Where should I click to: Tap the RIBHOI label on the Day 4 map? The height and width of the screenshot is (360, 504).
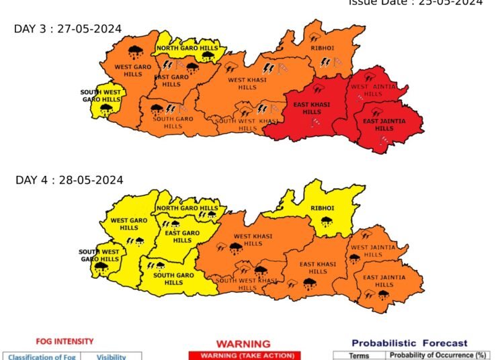click(x=321, y=208)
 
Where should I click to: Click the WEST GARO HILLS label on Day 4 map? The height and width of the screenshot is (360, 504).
click(x=129, y=224)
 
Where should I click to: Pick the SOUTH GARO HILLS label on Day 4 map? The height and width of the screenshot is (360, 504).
click(x=173, y=279)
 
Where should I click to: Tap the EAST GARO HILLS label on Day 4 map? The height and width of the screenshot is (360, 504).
click(x=182, y=236)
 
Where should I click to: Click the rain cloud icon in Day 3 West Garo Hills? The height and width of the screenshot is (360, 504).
click(x=136, y=50)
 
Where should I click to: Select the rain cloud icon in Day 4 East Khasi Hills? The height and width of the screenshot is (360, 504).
click(x=310, y=284)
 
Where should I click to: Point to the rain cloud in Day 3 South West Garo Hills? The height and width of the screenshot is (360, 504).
click(x=105, y=107)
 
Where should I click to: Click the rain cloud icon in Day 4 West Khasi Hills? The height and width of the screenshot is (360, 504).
click(x=235, y=249)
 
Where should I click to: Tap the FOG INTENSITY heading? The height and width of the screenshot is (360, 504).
click(x=65, y=341)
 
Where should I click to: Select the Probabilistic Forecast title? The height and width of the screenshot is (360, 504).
click(x=409, y=343)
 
